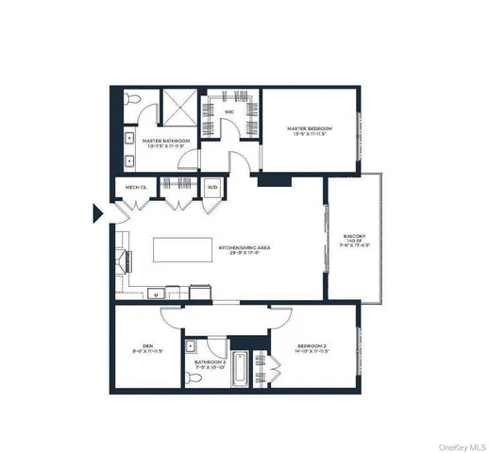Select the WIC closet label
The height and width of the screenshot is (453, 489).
pos(229,111)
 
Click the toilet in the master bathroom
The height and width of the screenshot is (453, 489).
pos(134,99)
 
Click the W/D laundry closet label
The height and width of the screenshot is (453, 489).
pos(211,187)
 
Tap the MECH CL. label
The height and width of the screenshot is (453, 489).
pos(134,187)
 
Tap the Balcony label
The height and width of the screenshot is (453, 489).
pos(354,236)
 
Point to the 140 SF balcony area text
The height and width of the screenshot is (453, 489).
pos(354,243)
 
